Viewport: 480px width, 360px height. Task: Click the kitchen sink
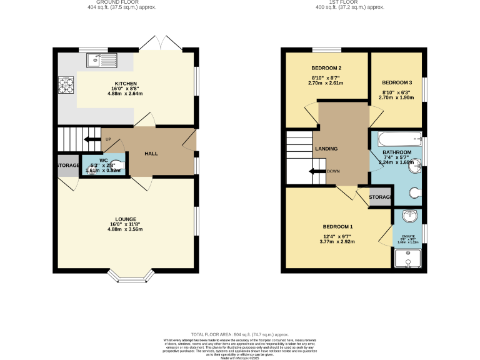coord(101,60)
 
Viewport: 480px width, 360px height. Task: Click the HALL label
coord(151,153)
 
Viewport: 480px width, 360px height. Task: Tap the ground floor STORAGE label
coord(68,165)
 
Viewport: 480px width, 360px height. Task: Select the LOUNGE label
coord(125,219)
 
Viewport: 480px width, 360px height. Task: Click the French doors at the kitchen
coord(161,44)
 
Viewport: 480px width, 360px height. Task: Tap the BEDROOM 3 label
coord(397,82)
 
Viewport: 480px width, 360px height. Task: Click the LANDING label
coord(326,149)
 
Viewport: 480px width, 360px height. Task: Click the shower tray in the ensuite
coord(408,257)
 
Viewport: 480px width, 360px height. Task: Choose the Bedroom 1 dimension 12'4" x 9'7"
coord(337,236)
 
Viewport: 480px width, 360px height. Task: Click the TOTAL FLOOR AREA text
coord(240,335)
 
